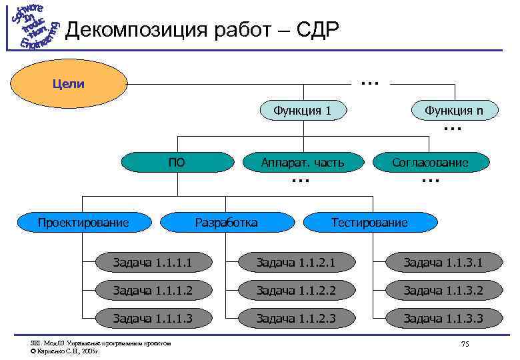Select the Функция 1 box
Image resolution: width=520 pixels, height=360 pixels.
pos(303,110)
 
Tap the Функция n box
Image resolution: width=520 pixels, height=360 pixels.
pos(456,110)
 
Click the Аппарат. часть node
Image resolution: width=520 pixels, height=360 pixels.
pos(303,162)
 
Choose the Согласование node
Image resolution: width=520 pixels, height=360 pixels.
pos(430,162)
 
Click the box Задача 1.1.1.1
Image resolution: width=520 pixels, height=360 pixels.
pos(153,263)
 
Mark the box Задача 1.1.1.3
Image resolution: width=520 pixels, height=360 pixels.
pos(153,319)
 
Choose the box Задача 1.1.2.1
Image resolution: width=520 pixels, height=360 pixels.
pos(297,263)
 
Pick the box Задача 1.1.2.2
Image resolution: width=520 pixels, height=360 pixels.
pos(297,291)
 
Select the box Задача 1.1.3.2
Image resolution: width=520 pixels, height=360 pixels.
pos(443,291)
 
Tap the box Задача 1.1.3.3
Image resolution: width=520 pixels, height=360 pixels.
pos(443,319)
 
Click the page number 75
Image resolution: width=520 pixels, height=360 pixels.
pos(465,344)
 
